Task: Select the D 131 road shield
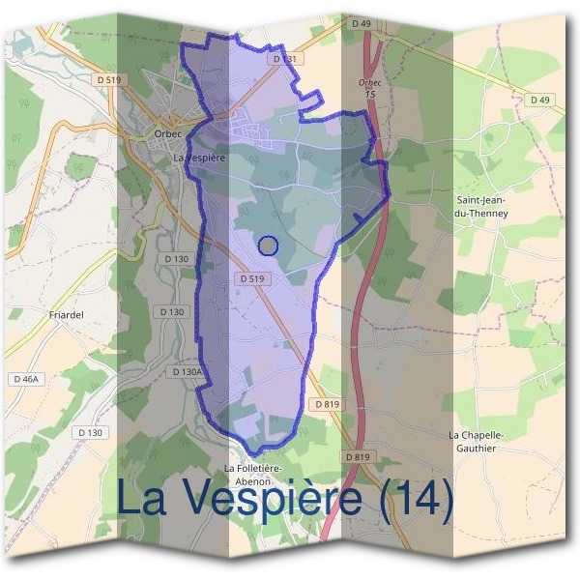point(283,59)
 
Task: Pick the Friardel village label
point(40,314)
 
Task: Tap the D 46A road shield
point(25,379)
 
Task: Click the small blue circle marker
point(269,246)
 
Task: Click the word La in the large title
point(146,499)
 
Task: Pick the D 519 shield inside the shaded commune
point(249,278)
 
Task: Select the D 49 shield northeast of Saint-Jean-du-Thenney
point(539,100)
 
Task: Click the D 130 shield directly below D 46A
point(89,432)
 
